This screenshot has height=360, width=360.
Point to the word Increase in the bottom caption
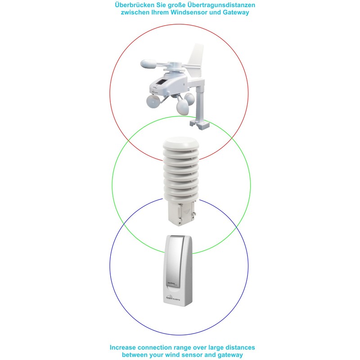127,347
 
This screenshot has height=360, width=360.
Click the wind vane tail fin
197,57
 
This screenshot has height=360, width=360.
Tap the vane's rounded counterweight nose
148,65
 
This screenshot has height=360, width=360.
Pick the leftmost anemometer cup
152,102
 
